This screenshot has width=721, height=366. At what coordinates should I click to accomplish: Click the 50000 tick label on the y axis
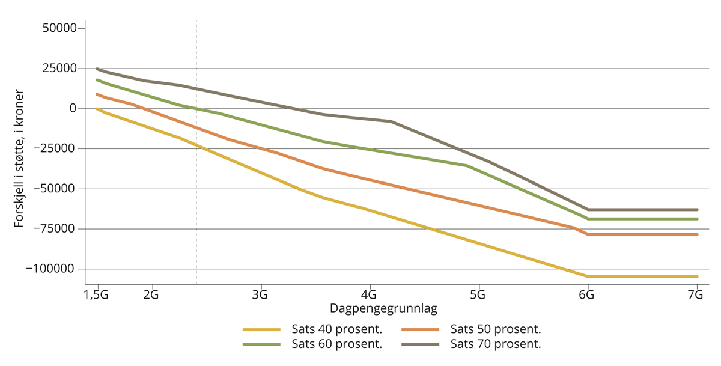click(x=60, y=28)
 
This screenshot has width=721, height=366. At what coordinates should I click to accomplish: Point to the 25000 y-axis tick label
click(x=60, y=69)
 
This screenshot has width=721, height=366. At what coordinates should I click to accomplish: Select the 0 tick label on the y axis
click(x=73, y=109)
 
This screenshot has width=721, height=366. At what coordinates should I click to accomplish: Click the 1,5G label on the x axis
click(x=97, y=295)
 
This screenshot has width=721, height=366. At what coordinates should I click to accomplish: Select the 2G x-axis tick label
click(x=151, y=295)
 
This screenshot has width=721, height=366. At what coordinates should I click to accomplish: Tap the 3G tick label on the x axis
click(x=260, y=295)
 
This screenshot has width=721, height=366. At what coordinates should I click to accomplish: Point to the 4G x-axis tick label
click(x=369, y=295)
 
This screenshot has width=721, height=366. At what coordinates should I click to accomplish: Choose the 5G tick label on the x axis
click(x=478, y=295)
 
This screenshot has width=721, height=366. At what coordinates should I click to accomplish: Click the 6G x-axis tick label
click(x=587, y=295)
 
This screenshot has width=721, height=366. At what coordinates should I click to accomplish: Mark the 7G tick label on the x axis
click(x=696, y=295)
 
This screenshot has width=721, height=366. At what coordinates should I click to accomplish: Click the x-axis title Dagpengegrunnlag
click(x=383, y=308)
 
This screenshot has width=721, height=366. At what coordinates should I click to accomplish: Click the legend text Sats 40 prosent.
click(x=337, y=329)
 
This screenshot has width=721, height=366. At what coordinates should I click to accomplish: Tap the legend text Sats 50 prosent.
click(x=496, y=329)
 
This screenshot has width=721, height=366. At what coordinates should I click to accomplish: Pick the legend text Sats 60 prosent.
click(x=337, y=344)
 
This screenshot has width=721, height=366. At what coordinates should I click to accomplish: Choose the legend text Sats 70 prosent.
click(x=496, y=344)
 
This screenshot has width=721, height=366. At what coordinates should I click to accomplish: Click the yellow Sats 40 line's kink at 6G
click(x=588, y=276)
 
